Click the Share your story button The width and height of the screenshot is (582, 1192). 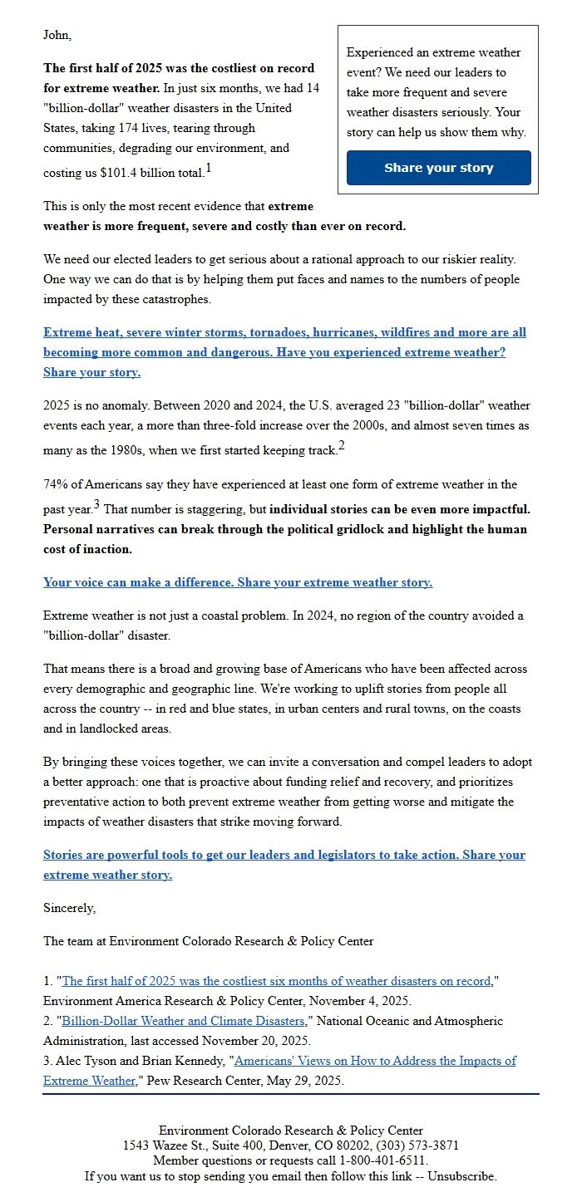tap(438, 168)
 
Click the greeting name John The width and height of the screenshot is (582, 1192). tap(57, 35)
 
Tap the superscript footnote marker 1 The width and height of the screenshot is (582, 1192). tap(209, 169)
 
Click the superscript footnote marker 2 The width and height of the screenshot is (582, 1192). tap(341, 446)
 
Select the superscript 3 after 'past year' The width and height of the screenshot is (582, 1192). tap(96, 504)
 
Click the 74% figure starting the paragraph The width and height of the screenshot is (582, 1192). tap(56, 484)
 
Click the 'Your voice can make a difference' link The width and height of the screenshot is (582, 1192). tap(238, 582)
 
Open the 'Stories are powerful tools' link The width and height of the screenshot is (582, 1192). tap(284, 855)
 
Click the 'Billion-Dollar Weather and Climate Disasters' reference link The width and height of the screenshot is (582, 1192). tap(183, 1020)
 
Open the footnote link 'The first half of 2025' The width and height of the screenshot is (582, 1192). tap(277, 980)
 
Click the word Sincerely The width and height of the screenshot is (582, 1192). tap(69, 908)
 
